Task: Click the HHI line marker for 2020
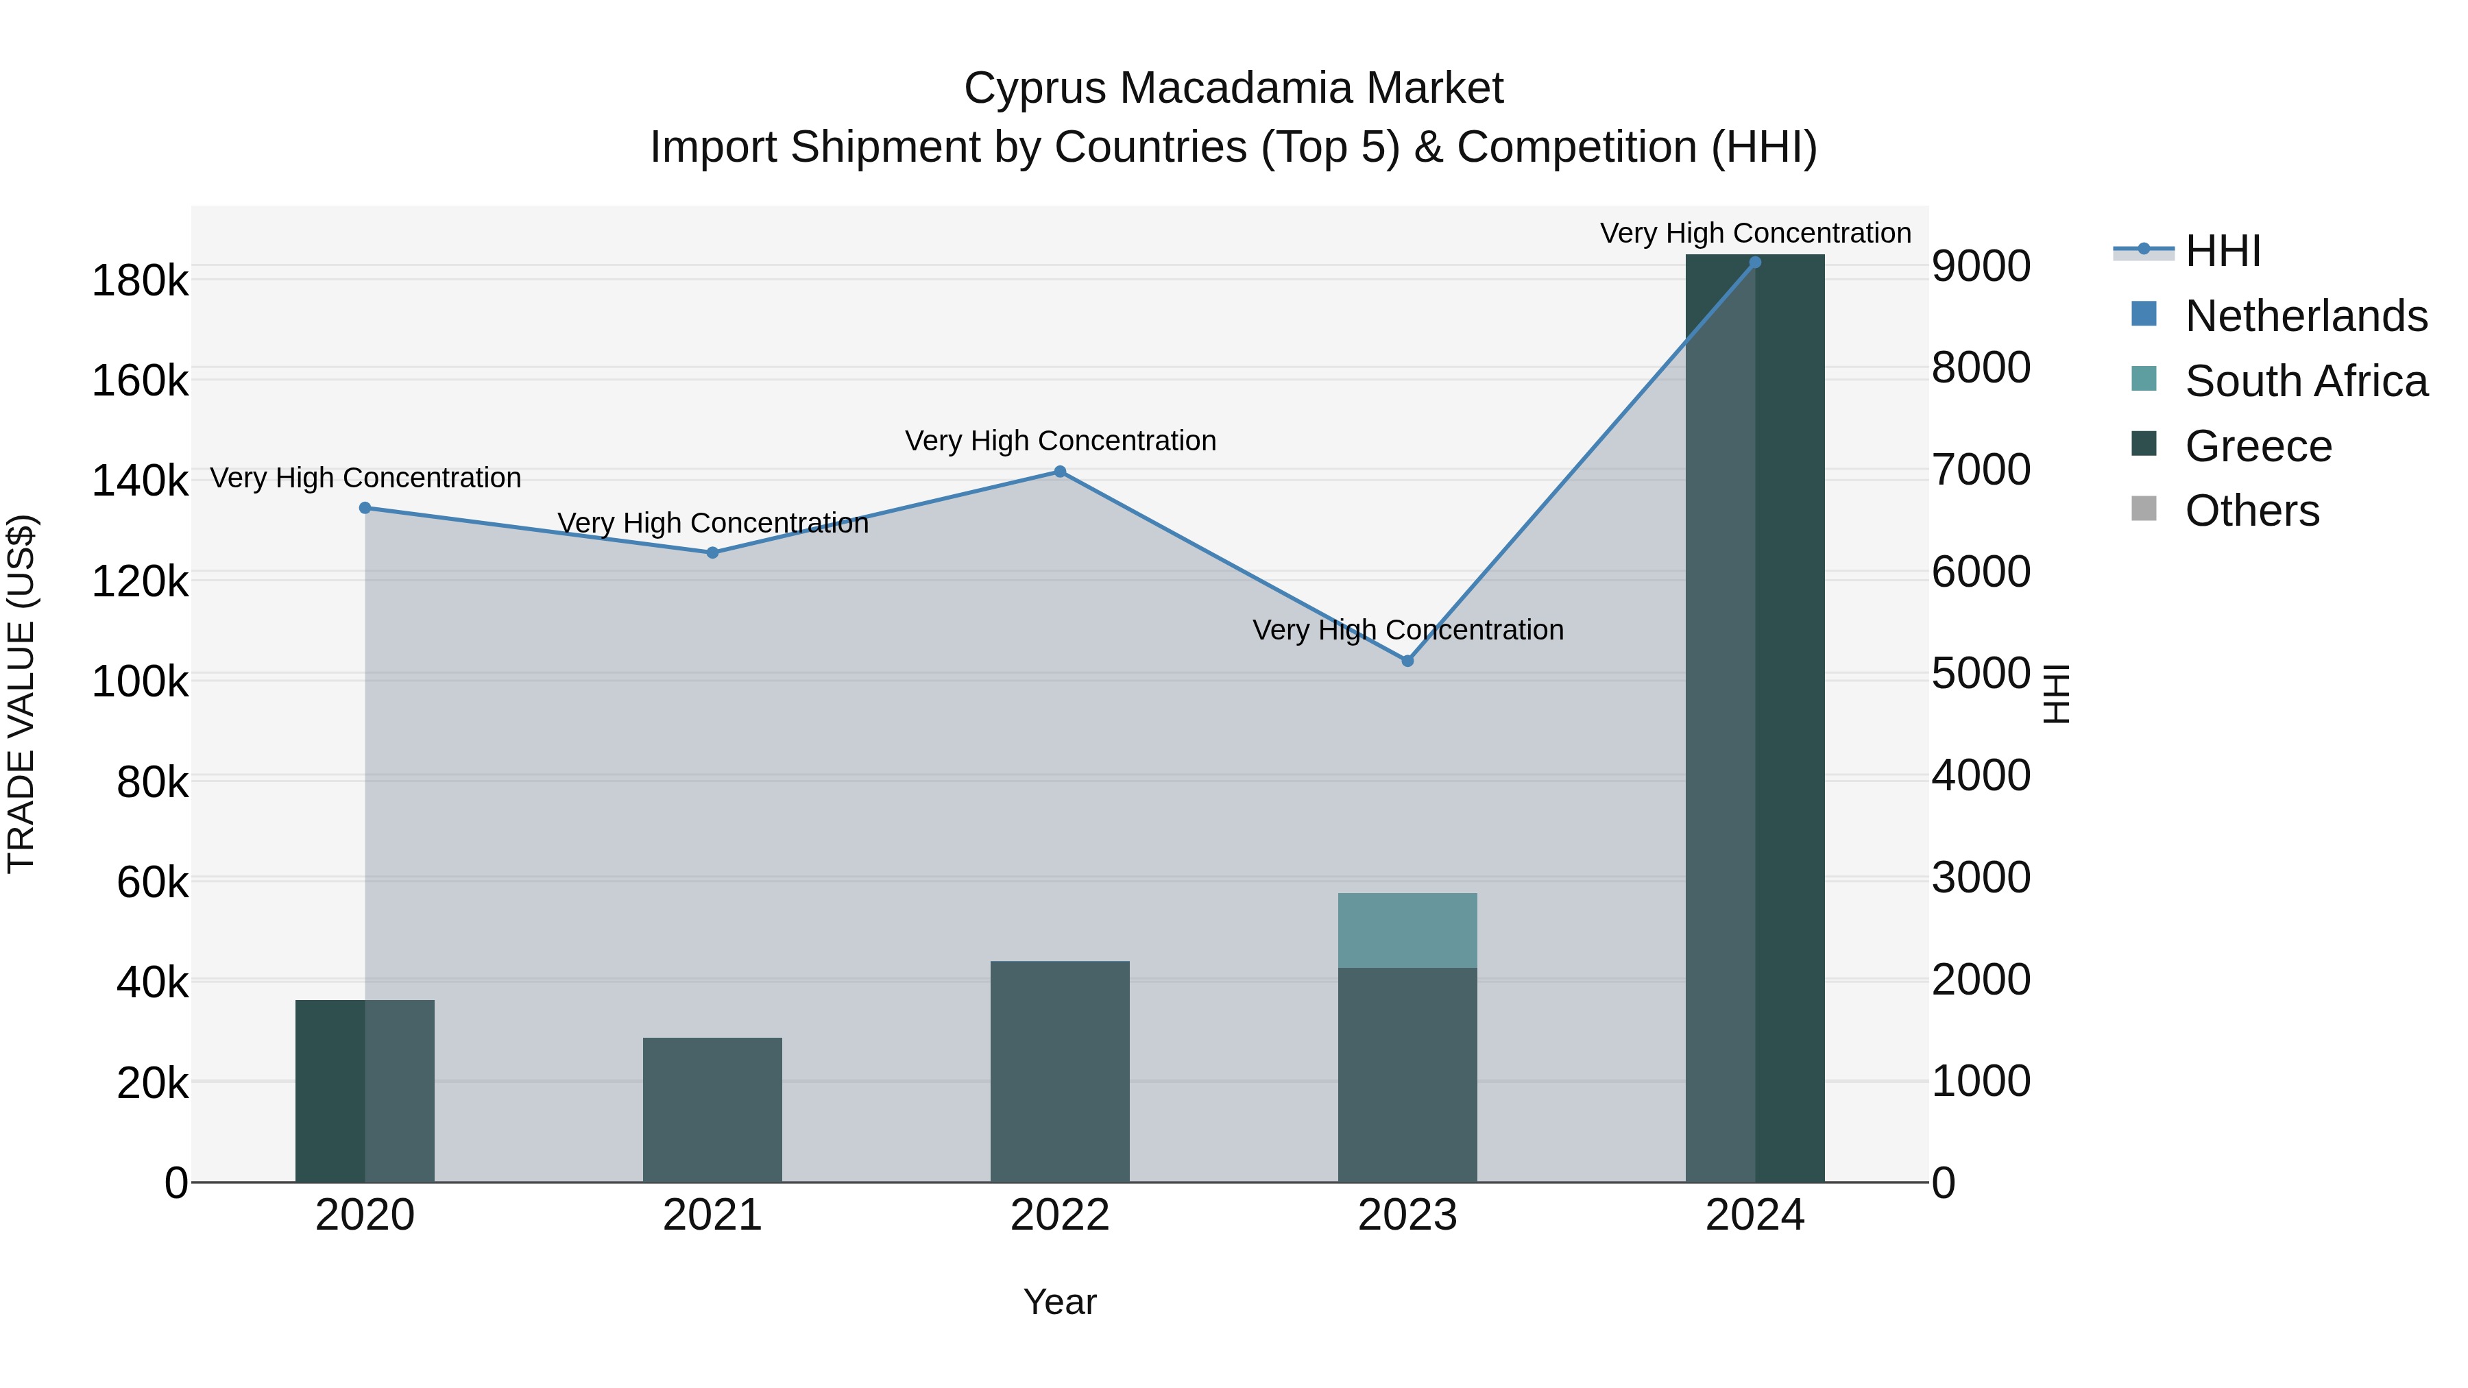point(365,508)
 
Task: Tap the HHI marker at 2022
point(1060,472)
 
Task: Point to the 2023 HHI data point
point(1407,661)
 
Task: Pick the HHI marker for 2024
point(1755,263)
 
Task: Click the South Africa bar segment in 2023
point(1407,930)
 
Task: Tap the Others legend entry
point(2251,511)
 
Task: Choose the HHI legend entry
point(2223,251)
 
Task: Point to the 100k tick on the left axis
point(140,682)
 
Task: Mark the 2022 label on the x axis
point(1060,1215)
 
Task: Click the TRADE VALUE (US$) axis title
point(21,694)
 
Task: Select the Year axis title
point(1060,1302)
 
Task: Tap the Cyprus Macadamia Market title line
point(1233,88)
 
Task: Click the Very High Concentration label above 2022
point(1061,441)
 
